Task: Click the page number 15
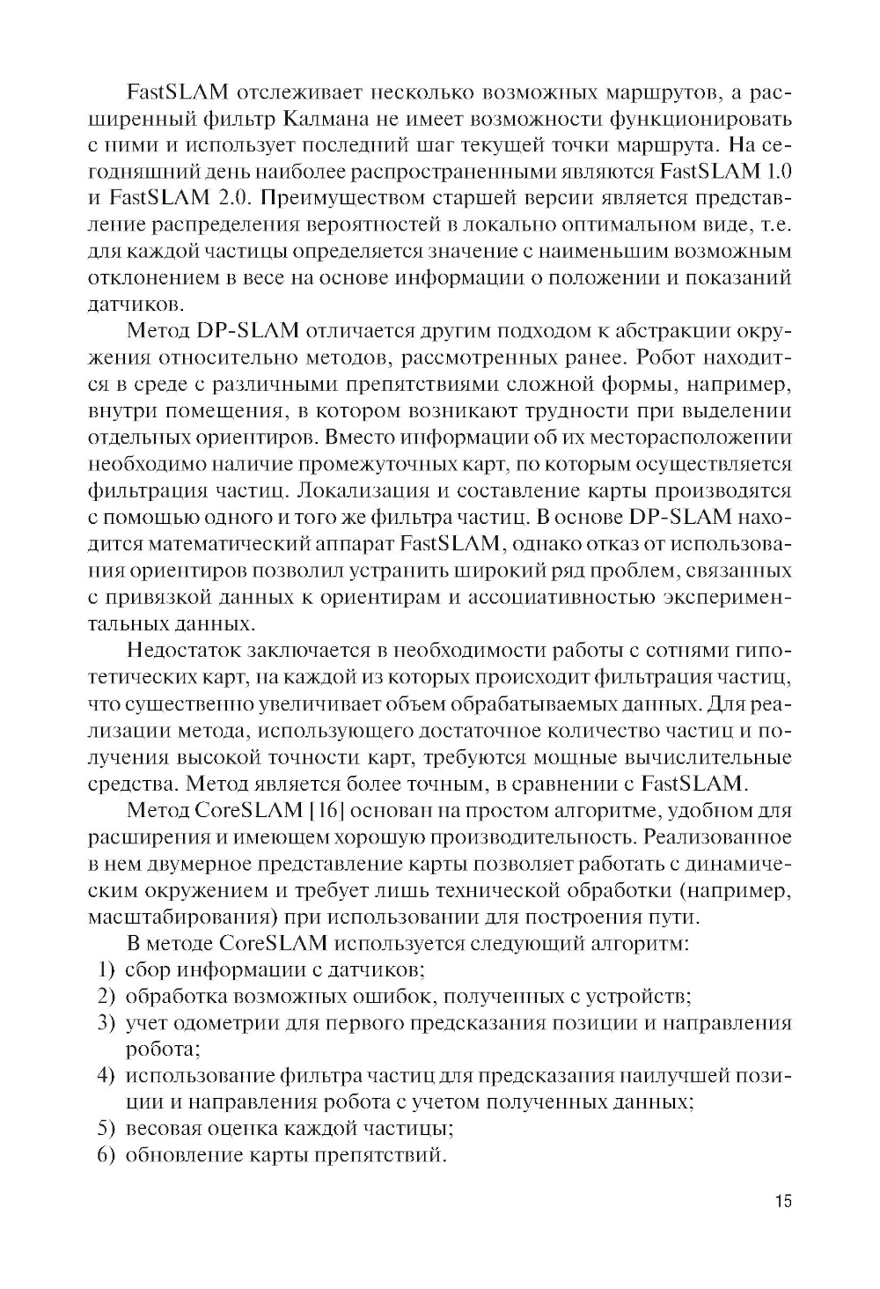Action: pyautogui.click(x=782, y=1201)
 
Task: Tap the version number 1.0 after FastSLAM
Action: pyautogui.click(x=772, y=171)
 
